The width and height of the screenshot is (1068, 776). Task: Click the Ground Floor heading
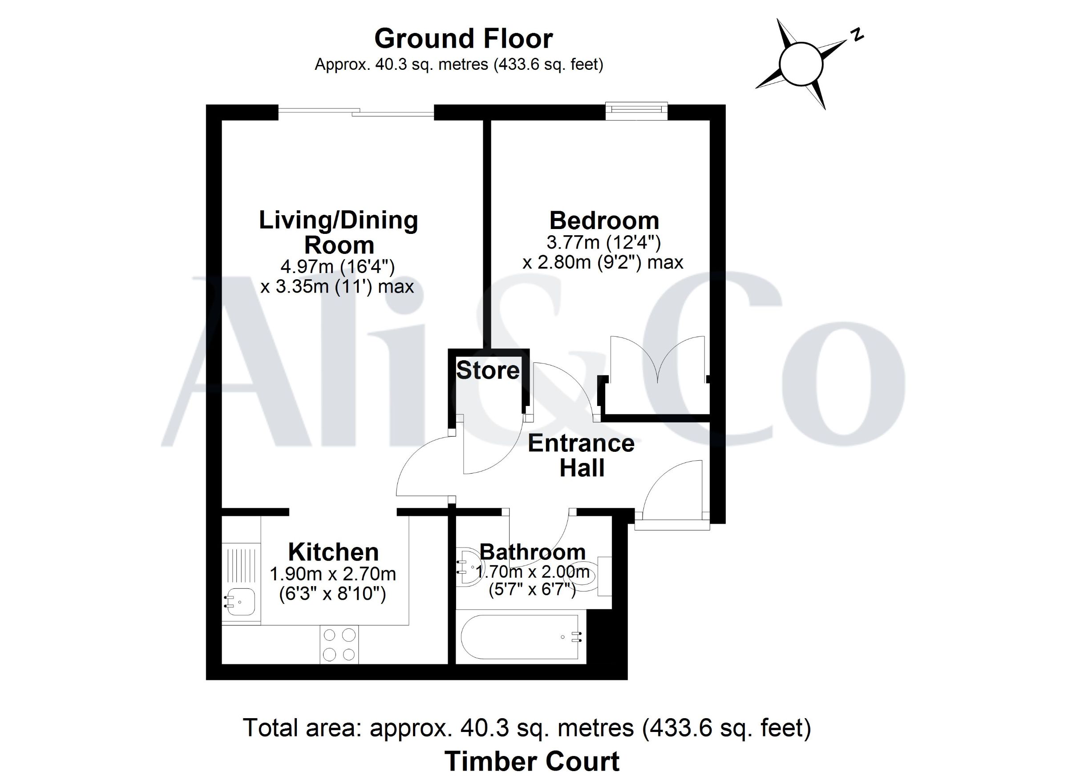coord(463,39)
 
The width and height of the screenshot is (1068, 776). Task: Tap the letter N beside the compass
coord(857,34)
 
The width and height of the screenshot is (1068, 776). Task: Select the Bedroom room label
coord(604,220)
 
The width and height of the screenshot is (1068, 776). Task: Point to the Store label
coord(488,370)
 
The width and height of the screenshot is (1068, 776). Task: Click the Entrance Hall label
coord(581,455)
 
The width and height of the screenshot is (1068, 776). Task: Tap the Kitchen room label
coord(333,552)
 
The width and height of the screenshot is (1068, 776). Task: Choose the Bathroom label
coord(533,551)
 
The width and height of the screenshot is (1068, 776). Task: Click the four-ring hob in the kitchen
coord(339,645)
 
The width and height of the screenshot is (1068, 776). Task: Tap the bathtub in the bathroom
coord(520,637)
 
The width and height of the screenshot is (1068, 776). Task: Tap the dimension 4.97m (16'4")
coord(338,267)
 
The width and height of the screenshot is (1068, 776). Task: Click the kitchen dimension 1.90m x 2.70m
coord(333,574)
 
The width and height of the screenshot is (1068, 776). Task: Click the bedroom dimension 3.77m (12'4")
coord(604,242)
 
